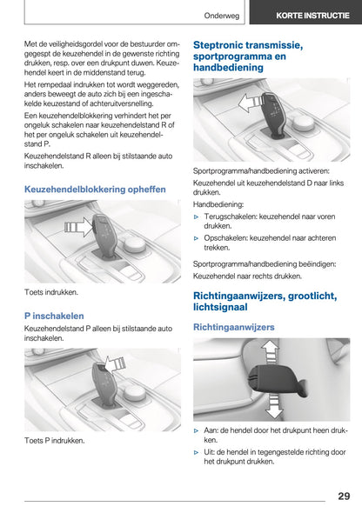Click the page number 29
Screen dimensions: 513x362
pos(344,496)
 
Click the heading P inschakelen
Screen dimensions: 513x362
pos(54,316)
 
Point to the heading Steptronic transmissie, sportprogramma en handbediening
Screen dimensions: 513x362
pos(248,56)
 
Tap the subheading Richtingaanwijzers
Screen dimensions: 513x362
pos(234,327)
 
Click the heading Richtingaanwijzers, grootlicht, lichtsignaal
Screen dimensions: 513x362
pos(264,303)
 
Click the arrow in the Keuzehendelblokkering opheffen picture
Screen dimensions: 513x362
pos(77,230)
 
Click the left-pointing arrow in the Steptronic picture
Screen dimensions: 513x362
pos(249,103)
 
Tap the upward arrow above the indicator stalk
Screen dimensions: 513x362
pos(270,351)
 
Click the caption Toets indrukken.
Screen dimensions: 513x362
pos(50,294)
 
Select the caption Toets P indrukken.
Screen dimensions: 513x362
pos(54,441)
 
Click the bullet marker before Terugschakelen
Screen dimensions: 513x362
pos(197,215)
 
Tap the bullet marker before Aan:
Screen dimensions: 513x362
pos(197,430)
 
